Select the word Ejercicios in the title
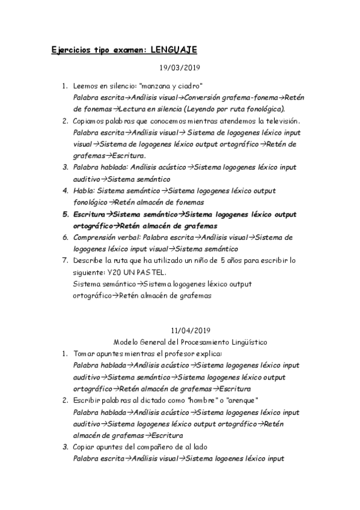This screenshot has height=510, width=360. tap(72, 49)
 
